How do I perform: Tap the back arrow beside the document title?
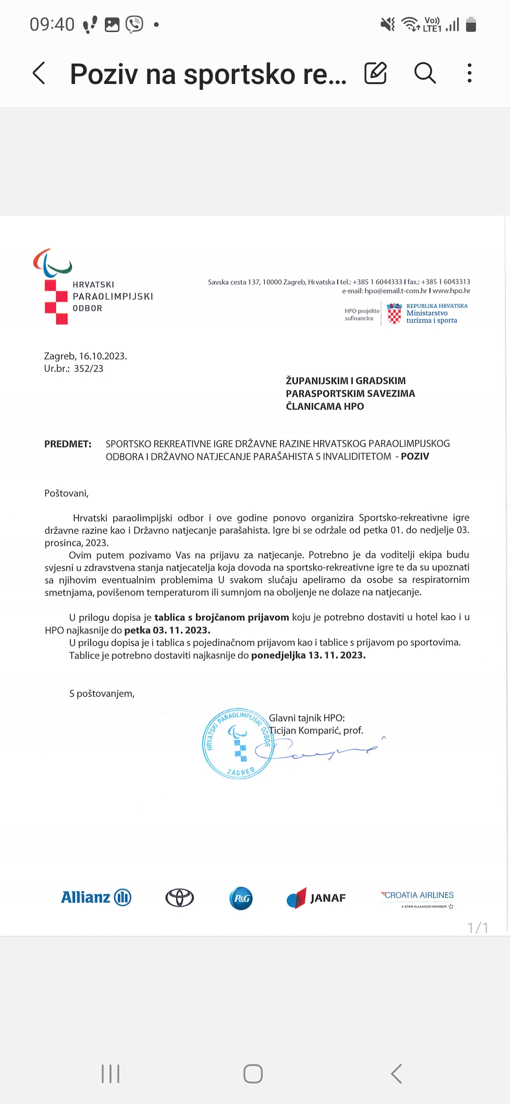coord(39,73)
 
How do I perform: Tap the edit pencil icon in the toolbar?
coord(375,73)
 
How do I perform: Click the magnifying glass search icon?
coord(425,73)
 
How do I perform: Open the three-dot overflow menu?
coord(469,73)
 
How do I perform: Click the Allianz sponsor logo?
coord(96,897)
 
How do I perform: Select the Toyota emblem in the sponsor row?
coord(179,898)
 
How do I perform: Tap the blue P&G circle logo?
coord(241,898)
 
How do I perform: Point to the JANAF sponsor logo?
coord(316,898)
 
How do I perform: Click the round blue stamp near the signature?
coord(238,743)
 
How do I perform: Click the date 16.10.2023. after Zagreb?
coord(103,356)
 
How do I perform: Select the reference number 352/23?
coord(88,368)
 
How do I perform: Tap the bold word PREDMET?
coord(68,444)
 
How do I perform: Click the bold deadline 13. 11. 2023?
coord(337,655)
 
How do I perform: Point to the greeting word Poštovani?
coord(67,493)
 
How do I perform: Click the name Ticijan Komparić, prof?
coord(316,730)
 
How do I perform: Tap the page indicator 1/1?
coord(477,928)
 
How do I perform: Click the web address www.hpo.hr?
coord(451,291)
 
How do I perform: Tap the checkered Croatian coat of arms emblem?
coord(394,313)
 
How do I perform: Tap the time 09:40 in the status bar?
coord(52,24)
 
